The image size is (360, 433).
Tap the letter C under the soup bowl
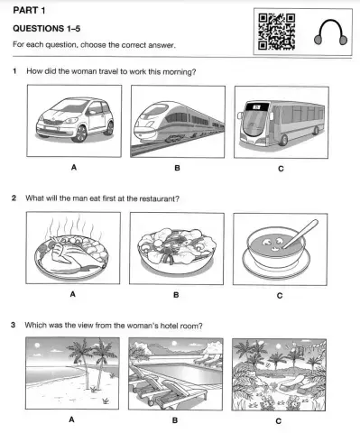click(x=279, y=295)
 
